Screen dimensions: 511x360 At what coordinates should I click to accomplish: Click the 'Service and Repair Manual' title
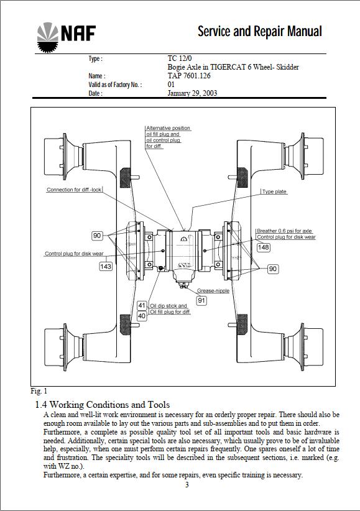(260, 31)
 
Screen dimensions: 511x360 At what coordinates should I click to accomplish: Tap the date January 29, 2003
(192, 93)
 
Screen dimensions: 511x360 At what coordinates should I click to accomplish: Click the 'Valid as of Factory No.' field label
(115, 85)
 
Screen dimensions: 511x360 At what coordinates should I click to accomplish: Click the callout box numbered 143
(106, 266)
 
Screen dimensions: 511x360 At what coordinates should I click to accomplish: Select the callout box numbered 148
(264, 247)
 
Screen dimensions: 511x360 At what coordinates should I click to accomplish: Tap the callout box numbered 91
(201, 300)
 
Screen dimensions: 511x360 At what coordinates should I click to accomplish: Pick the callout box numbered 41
(142, 306)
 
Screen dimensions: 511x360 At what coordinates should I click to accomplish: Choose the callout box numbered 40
(142, 316)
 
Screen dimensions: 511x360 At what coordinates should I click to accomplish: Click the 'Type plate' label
(274, 192)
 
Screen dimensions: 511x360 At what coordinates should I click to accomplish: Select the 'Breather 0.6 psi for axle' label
(284, 231)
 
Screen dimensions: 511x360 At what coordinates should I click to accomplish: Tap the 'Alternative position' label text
(168, 128)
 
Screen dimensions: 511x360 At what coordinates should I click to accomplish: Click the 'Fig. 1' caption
(39, 392)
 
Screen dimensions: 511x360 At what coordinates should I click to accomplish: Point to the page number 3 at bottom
(187, 485)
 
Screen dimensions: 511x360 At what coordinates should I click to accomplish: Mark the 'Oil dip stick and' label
(168, 306)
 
